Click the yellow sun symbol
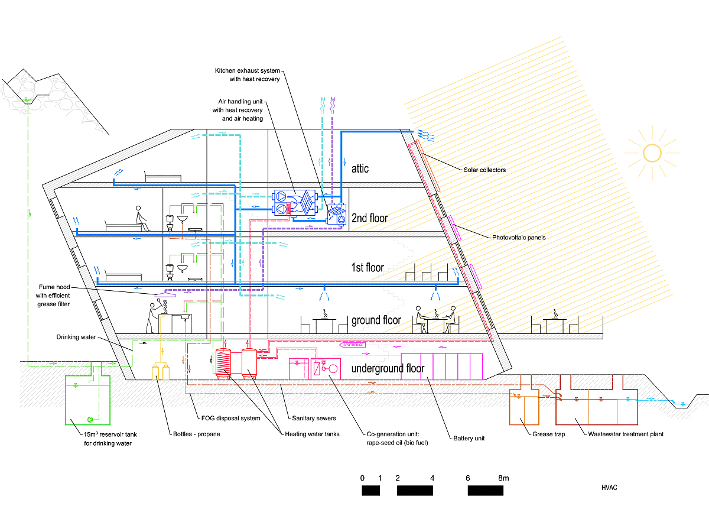pos(652,153)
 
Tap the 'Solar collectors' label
pos(484,170)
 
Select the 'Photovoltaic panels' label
pos(519,238)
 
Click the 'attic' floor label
pos(360,169)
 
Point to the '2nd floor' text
pos(369,218)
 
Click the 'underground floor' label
pos(388,369)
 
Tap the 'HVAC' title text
pos(609,488)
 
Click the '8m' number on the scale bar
pos(503,478)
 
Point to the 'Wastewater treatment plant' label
pos(626,434)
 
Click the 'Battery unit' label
pos(469,439)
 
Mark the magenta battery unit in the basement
pos(442,366)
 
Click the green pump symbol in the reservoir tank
pos(90,420)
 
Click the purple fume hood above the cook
pos(165,294)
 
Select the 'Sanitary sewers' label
pos(314,419)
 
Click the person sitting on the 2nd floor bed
pos(141,218)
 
